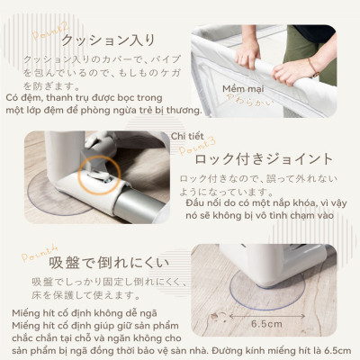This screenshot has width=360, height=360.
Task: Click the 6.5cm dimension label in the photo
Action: coord(269,322)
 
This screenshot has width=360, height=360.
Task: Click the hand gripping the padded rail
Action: coord(246,54)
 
